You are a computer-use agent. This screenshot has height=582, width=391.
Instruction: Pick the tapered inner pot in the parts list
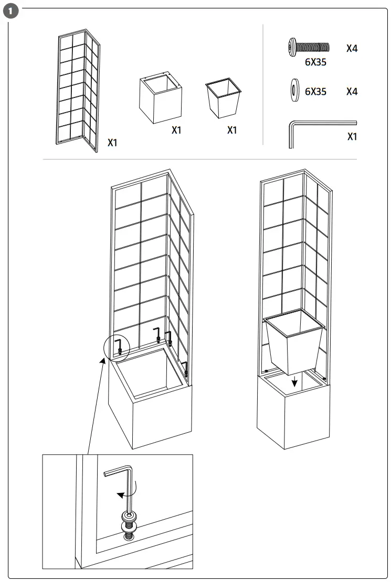tap(223, 98)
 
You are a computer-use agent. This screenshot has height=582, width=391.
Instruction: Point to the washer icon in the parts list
tap(292, 91)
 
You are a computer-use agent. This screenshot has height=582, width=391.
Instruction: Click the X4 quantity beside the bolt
tap(352, 48)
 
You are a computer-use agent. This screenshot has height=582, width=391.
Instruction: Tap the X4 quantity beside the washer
tap(352, 92)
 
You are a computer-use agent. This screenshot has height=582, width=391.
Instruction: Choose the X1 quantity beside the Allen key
tap(352, 137)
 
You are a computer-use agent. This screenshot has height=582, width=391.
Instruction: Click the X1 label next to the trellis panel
tap(112, 142)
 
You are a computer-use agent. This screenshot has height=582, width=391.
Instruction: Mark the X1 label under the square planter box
tap(176, 130)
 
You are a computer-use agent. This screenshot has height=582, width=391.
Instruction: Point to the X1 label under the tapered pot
tap(232, 130)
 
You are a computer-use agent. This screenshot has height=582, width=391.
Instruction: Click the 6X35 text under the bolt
tap(315, 62)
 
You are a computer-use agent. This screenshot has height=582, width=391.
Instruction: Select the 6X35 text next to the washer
tap(315, 92)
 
